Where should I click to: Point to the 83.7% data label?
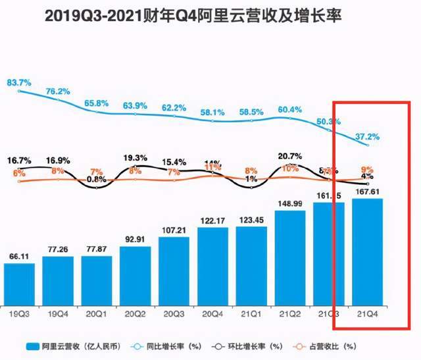coord(20,83)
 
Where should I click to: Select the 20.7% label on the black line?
coord(290,156)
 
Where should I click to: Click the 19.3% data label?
coord(136,158)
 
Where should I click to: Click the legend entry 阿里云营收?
coord(66,346)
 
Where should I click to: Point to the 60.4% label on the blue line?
coord(290,109)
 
